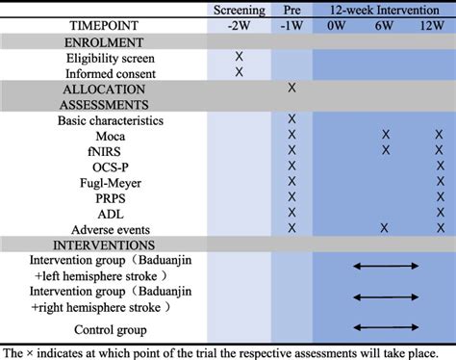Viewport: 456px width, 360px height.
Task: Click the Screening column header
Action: click(x=240, y=11)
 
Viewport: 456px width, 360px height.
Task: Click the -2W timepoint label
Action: click(x=240, y=26)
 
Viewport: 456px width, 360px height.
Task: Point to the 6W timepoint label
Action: click(x=386, y=26)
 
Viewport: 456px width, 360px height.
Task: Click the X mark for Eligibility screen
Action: click(x=240, y=57)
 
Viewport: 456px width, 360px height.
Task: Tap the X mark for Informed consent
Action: click(x=240, y=73)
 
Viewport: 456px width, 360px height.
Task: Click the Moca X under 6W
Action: click(x=386, y=135)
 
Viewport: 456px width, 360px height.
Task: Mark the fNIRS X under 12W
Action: click(x=438, y=150)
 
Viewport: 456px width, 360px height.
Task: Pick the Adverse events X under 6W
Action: click(x=386, y=227)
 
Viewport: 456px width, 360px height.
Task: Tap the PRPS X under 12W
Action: click(x=438, y=196)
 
